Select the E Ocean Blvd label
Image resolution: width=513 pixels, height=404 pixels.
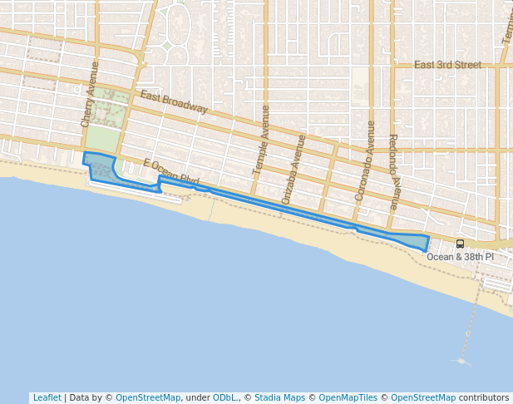(171, 173)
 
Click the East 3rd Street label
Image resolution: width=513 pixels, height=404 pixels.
(447, 65)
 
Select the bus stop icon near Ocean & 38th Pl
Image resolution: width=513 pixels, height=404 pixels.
(460, 244)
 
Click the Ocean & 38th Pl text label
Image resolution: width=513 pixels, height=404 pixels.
(459, 257)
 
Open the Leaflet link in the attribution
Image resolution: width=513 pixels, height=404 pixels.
(47, 398)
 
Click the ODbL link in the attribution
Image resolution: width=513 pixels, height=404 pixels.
(225, 398)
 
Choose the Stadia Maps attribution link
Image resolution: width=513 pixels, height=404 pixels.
(279, 398)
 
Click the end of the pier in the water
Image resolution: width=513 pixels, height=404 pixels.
(462, 362)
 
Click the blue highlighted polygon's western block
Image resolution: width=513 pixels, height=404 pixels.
(100, 165)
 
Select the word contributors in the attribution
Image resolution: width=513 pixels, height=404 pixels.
(483, 398)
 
